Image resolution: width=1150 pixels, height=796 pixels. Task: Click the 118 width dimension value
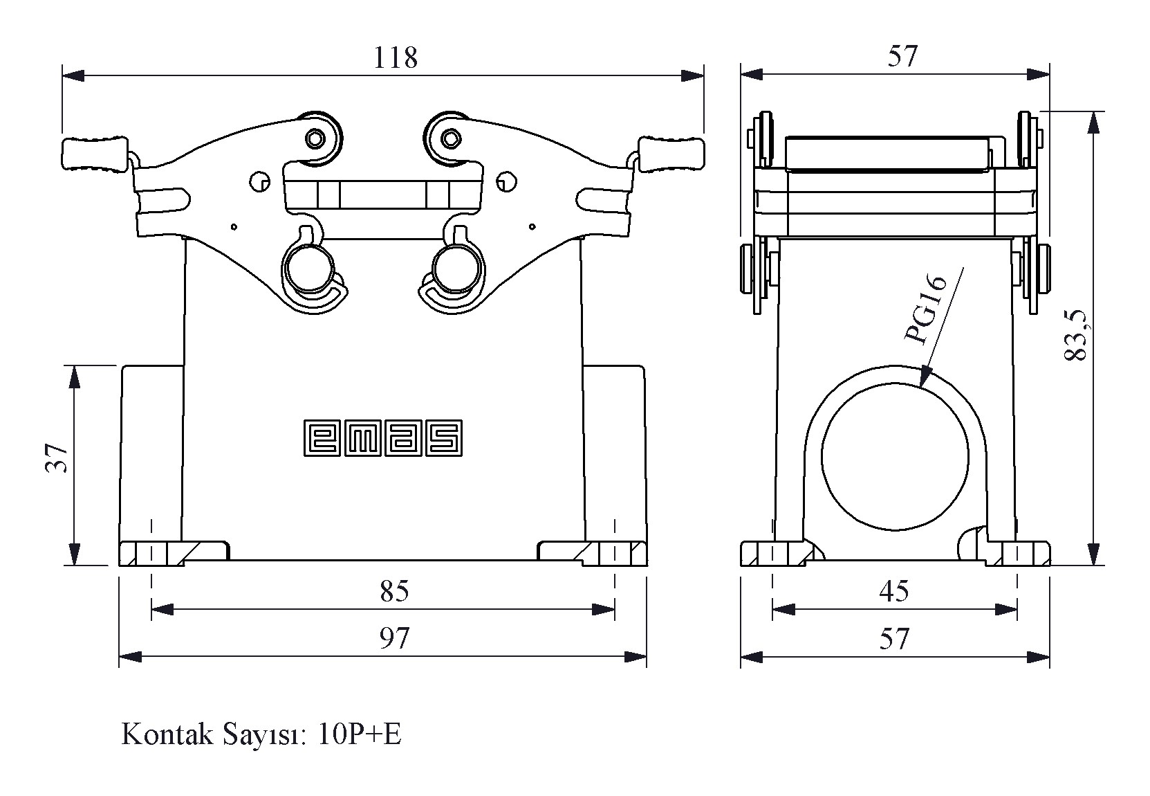coord(396,58)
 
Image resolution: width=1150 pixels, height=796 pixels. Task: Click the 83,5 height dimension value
coord(1076,336)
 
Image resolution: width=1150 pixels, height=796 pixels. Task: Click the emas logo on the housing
coord(382,438)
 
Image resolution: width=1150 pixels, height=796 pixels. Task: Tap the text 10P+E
coord(360,734)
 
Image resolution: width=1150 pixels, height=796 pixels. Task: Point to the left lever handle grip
coord(95,154)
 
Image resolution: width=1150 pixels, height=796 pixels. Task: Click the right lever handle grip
coord(670,154)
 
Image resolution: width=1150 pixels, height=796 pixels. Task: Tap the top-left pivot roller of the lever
coord(315,138)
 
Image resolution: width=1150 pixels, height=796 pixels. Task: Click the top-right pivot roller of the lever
coord(450,138)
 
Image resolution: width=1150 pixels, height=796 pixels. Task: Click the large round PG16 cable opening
coord(895,458)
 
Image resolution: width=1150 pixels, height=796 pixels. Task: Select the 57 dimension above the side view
coord(902,57)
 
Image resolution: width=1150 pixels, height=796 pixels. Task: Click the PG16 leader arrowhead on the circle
coord(925,380)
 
